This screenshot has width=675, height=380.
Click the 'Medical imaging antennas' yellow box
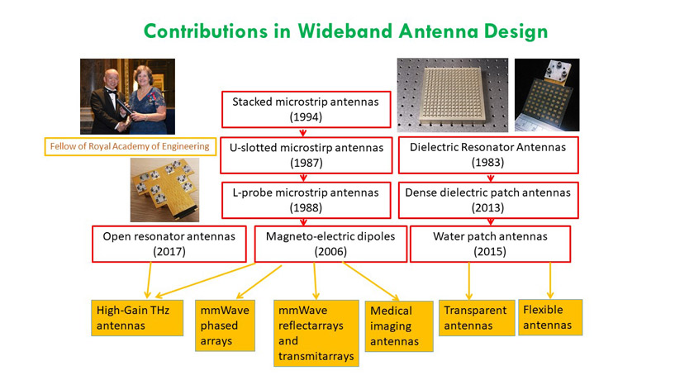pyautogui.click(x=400, y=325)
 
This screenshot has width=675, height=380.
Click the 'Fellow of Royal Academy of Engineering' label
pyautogui.click(x=126, y=147)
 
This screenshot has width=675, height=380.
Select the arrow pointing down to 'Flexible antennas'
pyautogui.click(x=550, y=281)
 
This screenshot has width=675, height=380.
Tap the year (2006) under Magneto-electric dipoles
pyautogui.click(x=330, y=252)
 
